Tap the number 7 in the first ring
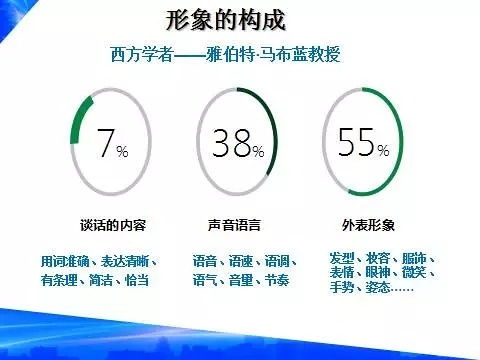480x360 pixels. (106, 145)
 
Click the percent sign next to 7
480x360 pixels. (123, 152)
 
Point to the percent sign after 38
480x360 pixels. (258, 152)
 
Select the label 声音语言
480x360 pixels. (233, 223)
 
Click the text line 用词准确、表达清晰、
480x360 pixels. (95, 262)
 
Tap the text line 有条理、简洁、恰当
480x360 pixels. (95, 281)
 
